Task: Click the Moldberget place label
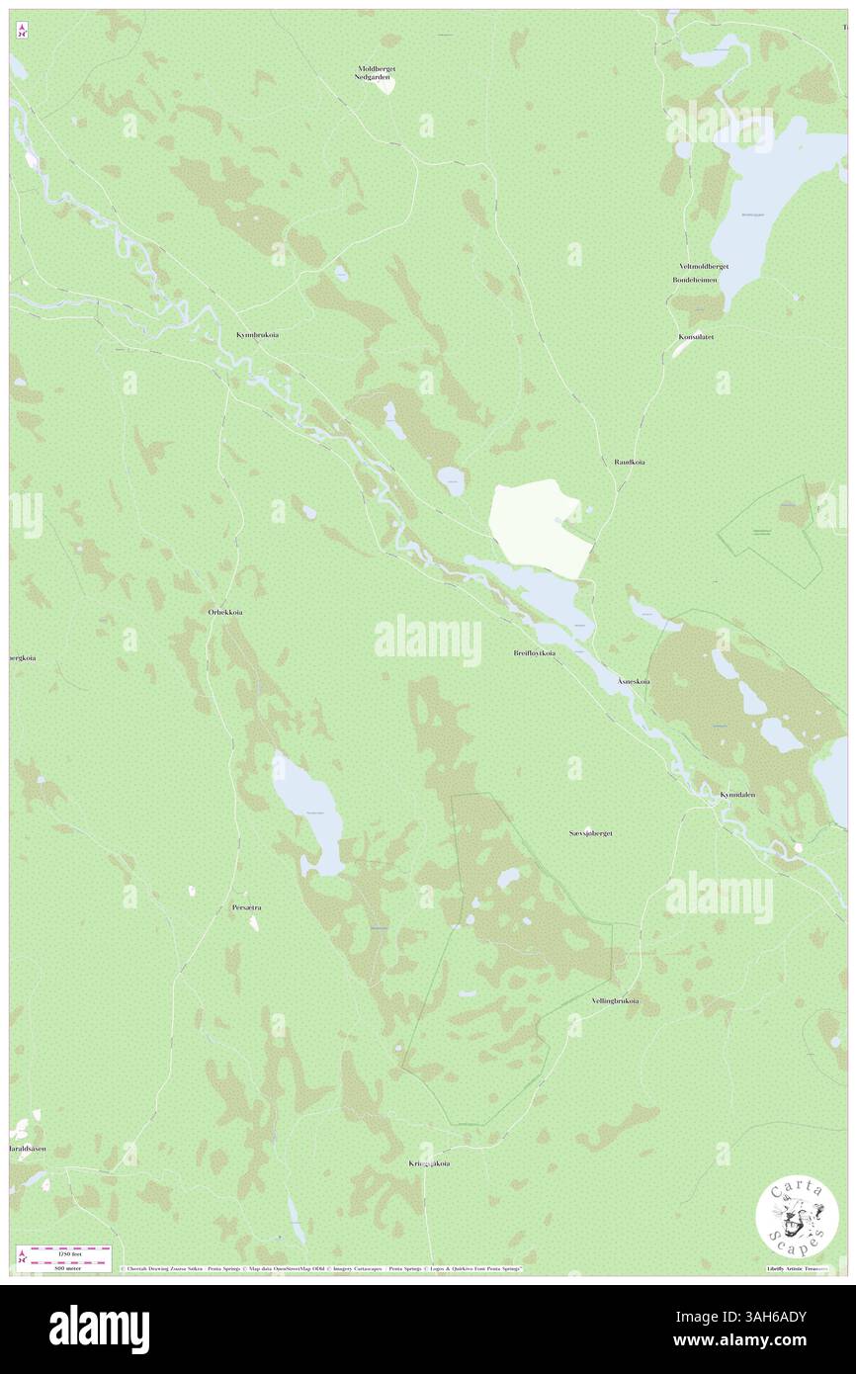pyautogui.click(x=377, y=68)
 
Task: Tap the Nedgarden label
pyautogui.click(x=377, y=77)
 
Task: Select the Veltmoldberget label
pyautogui.click(x=703, y=267)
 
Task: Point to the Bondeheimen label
pyautogui.click(x=695, y=280)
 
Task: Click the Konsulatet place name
pyautogui.click(x=696, y=337)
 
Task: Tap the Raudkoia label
pyautogui.click(x=629, y=462)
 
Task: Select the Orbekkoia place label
pyautogui.click(x=225, y=612)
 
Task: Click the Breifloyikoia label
pyautogui.click(x=534, y=653)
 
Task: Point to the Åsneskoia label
pyautogui.click(x=633, y=682)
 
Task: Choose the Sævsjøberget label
pyautogui.click(x=591, y=833)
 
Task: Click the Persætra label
pyautogui.click(x=246, y=906)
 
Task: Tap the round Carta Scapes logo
pyautogui.click(x=797, y=1219)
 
